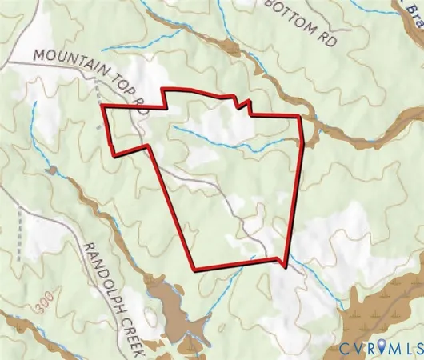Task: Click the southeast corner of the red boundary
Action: pos(285,264)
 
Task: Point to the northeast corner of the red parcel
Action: pos(300,116)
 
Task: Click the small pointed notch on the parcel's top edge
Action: pos(249,102)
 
